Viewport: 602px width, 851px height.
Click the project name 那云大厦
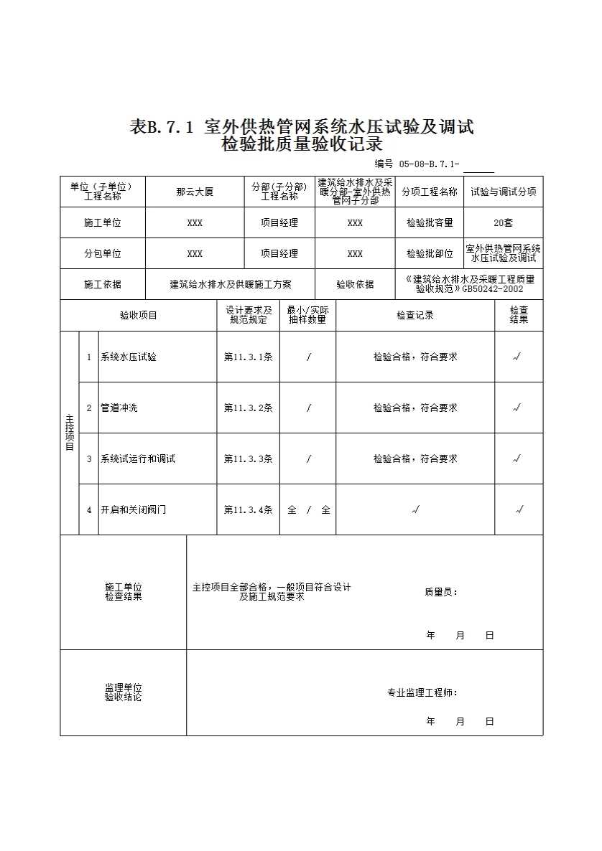tap(195, 192)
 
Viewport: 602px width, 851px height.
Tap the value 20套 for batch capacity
tap(504, 223)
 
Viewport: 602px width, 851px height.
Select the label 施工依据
tap(103, 284)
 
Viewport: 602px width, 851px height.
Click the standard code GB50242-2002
tap(493, 289)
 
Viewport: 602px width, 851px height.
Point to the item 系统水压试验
tap(129, 357)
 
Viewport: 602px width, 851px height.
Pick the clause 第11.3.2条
tap(248, 408)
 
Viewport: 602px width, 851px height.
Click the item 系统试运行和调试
tap(138, 459)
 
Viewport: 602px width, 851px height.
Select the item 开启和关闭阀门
tap(134, 509)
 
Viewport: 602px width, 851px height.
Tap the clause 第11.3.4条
tap(248, 509)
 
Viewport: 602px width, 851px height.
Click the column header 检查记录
tap(415, 315)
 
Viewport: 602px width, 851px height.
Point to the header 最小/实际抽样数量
tap(307, 315)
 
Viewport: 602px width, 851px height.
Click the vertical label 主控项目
tap(70, 433)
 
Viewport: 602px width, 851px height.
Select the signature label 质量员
tap(441, 592)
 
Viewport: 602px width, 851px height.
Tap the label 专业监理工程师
tap(422, 693)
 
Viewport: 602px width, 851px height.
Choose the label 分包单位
tap(103, 253)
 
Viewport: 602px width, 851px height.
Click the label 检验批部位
tap(430, 253)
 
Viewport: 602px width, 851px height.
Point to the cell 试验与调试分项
tap(504, 192)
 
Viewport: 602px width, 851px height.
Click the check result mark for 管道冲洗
tap(518, 408)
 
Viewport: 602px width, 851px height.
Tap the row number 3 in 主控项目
tap(89, 459)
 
